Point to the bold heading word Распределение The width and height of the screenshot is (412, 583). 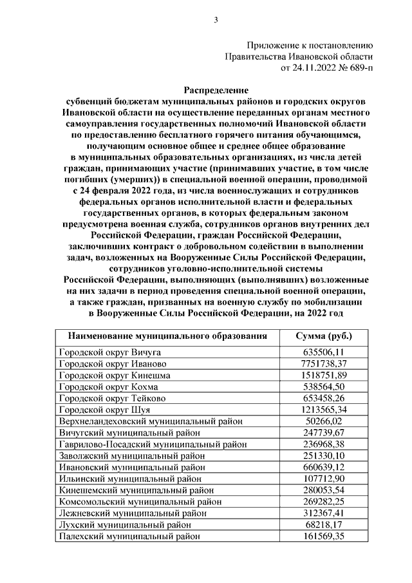pos(216,90)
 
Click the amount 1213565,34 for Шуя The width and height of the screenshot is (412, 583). pos(324,410)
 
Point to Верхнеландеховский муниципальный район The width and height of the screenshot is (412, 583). pos(151,421)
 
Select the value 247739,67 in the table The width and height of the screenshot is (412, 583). pos(324,433)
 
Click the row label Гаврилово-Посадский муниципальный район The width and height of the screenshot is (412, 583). pos(153,444)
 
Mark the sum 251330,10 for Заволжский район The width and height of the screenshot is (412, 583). pos(324,455)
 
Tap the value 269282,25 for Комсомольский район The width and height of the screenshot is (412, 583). pos(324,502)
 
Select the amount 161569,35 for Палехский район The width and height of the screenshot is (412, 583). pos(324,536)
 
